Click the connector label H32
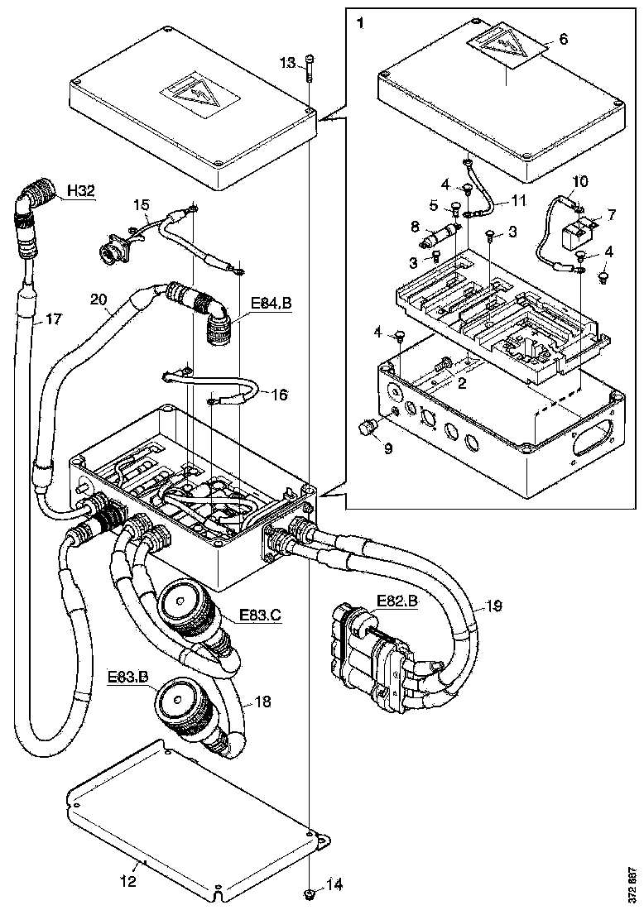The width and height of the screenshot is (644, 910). point(80,190)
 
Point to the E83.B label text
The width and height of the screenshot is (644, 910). point(127,677)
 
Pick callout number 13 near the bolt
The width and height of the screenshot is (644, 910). point(287,64)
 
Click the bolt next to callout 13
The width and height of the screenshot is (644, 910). point(309,68)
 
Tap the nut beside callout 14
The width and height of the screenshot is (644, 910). point(309,894)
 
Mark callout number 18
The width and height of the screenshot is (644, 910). point(263,702)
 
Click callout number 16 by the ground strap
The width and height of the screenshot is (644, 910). point(279,395)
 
